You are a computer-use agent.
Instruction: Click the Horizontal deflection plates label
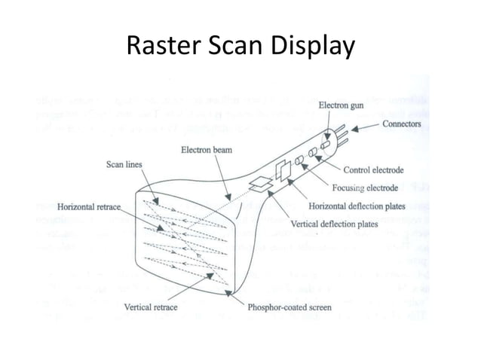pos(358,206)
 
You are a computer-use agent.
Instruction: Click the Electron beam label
pos(206,150)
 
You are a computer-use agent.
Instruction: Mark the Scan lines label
pos(122,164)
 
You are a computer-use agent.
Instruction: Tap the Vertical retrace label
pos(153,307)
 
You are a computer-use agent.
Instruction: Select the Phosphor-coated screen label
pos(290,307)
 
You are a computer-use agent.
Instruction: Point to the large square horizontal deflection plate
pos(283,170)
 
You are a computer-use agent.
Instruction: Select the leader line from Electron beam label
pos(223,174)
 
